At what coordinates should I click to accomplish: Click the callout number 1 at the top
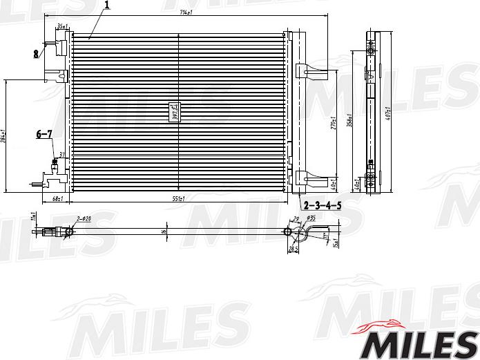(108, 6)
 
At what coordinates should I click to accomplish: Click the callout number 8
(35, 53)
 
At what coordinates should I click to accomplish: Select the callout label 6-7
(44, 135)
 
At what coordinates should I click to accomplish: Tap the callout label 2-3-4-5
(323, 205)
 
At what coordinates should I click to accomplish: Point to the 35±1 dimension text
(61, 26)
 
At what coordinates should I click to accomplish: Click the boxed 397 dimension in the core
(175, 112)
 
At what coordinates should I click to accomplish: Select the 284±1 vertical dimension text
(3, 136)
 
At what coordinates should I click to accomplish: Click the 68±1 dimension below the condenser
(57, 200)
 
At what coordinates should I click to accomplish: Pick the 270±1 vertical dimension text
(333, 122)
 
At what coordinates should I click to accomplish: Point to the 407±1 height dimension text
(388, 113)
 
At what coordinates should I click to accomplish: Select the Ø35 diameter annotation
(311, 219)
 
